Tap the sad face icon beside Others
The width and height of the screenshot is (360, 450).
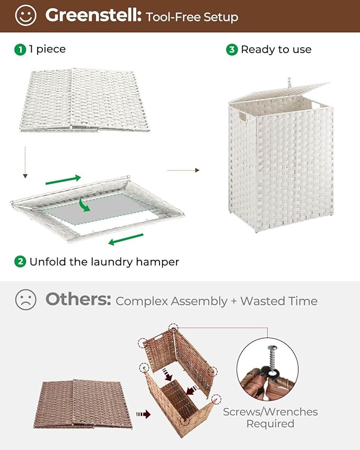pyautogui.click(x=26, y=301)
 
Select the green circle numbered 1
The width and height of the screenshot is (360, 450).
pyautogui.click(x=20, y=49)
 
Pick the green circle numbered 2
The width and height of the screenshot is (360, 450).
pyautogui.click(x=20, y=261)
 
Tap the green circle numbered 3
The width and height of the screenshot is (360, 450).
pyautogui.click(x=232, y=49)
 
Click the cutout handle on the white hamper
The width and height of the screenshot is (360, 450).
pyautogui.click(x=242, y=115)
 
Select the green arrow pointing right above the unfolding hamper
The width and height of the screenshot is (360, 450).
pyautogui.click(x=63, y=180)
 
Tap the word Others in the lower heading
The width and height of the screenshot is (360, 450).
pyautogui.click(x=78, y=300)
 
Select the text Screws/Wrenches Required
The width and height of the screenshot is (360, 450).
pyautogui.click(x=270, y=418)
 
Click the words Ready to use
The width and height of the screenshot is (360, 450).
pyautogui.click(x=276, y=49)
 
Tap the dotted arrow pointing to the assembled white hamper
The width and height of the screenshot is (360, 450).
pyautogui.click(x=183, y=170)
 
